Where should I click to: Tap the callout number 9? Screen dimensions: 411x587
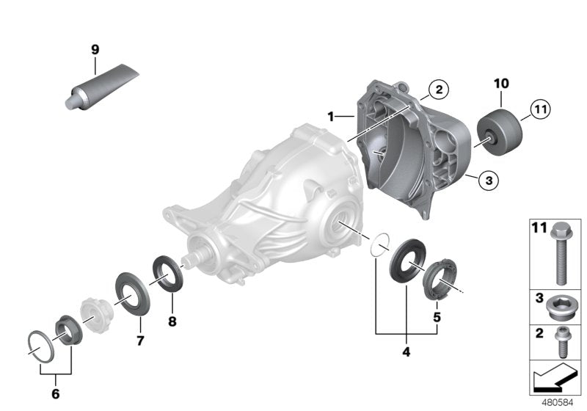[95, 49]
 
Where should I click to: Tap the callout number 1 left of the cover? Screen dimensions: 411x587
[332, 116]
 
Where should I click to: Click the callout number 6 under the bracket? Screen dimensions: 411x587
[55, 393]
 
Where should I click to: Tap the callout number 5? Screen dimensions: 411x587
[437, 318]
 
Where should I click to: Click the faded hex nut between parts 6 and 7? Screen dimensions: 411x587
[92, 319]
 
